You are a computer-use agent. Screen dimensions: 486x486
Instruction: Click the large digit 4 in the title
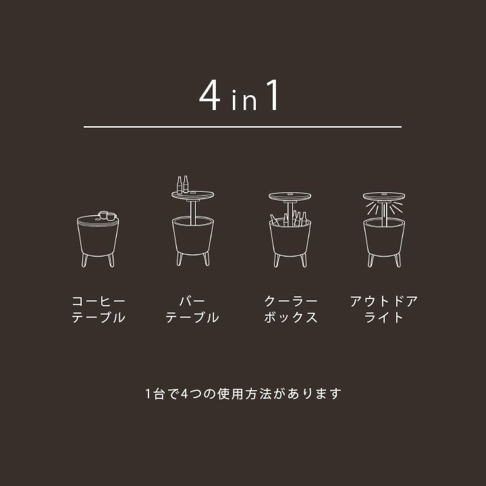210,95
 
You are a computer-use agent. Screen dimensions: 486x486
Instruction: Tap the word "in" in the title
244,100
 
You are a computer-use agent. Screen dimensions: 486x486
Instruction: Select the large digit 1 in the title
273,95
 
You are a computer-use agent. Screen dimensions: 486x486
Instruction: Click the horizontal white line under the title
242,127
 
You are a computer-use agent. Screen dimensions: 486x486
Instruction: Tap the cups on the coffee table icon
107,215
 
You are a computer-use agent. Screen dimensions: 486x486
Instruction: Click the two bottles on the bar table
182,185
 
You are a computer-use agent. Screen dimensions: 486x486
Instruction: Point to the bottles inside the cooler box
289,219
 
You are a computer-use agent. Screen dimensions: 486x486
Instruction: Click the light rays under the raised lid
383,208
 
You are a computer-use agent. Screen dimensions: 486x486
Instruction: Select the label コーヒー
99,301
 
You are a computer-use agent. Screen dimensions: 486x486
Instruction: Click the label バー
192,300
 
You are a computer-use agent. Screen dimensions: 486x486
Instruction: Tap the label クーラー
291,301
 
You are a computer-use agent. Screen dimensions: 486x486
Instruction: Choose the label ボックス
291,317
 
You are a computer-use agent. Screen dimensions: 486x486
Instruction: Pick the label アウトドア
383,301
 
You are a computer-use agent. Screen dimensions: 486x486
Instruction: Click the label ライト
383,317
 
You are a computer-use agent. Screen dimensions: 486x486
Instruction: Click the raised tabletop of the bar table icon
193,195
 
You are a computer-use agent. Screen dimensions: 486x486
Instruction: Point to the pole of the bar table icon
193,213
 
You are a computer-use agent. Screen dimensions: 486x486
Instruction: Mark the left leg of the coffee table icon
84,261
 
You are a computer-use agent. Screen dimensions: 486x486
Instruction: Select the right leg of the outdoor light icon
398,261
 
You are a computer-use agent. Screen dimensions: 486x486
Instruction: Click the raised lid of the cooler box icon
290,197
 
